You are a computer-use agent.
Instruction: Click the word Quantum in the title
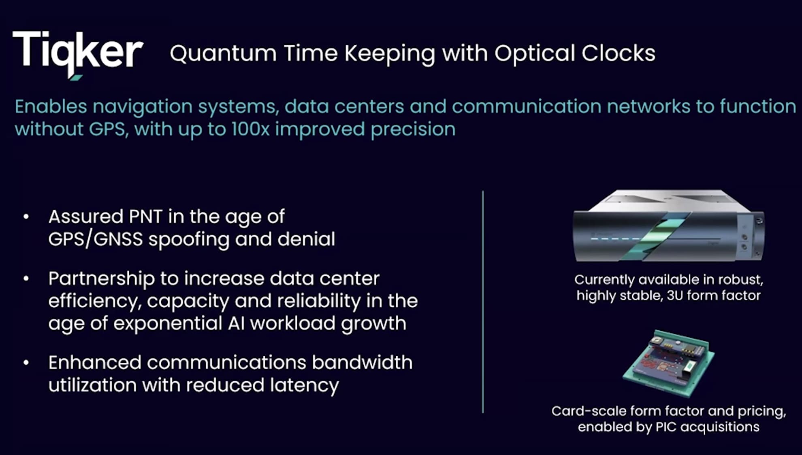pos(223,54)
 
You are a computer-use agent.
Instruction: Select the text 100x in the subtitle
pos(250,129)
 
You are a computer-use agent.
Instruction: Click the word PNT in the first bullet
pos(145,217)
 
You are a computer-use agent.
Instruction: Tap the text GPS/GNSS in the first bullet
pos(95,239)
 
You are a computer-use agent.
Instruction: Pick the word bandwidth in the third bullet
pos(362,362)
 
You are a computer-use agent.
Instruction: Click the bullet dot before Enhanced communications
pos(26,363)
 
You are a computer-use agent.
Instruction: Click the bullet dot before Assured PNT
pos(26,217)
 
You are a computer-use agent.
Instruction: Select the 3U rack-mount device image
pos(668,227)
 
